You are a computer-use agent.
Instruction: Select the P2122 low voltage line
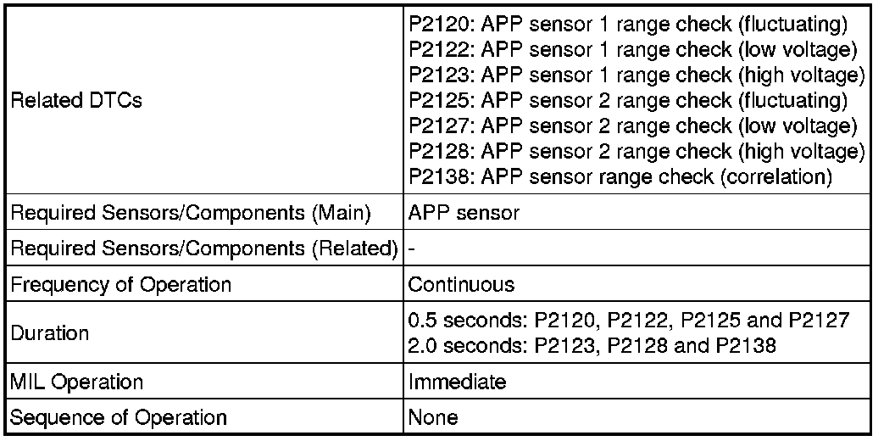[x=632, y=50]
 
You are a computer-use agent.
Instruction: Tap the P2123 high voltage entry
[x=636, y=75]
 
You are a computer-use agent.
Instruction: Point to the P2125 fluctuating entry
[x=627, y=101]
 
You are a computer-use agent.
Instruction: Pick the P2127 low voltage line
[x=632, y=126]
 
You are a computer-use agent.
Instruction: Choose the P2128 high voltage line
[x=636, y=152]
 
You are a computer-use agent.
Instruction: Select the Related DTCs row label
[x=76, y=101]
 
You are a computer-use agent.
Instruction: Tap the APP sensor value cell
[x=464, y=213]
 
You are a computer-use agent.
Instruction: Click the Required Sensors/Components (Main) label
[x=191, y=213]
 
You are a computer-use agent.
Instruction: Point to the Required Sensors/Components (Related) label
[x=204, y=249]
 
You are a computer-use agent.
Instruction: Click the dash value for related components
[x=411, y=249]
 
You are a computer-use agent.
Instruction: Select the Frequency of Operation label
[x=120, y=284]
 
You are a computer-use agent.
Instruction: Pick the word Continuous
[x=461, y=284]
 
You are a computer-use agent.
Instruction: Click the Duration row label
[x=49, y=332]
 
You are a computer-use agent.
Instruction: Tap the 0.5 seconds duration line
[x=628, y=321]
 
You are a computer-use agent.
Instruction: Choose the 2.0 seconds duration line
[x=592, y=345]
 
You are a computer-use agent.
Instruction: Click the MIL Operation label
[x=76, y=382]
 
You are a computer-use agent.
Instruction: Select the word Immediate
[x=458, y=382]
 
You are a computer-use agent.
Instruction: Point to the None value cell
[x=433, y=417]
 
